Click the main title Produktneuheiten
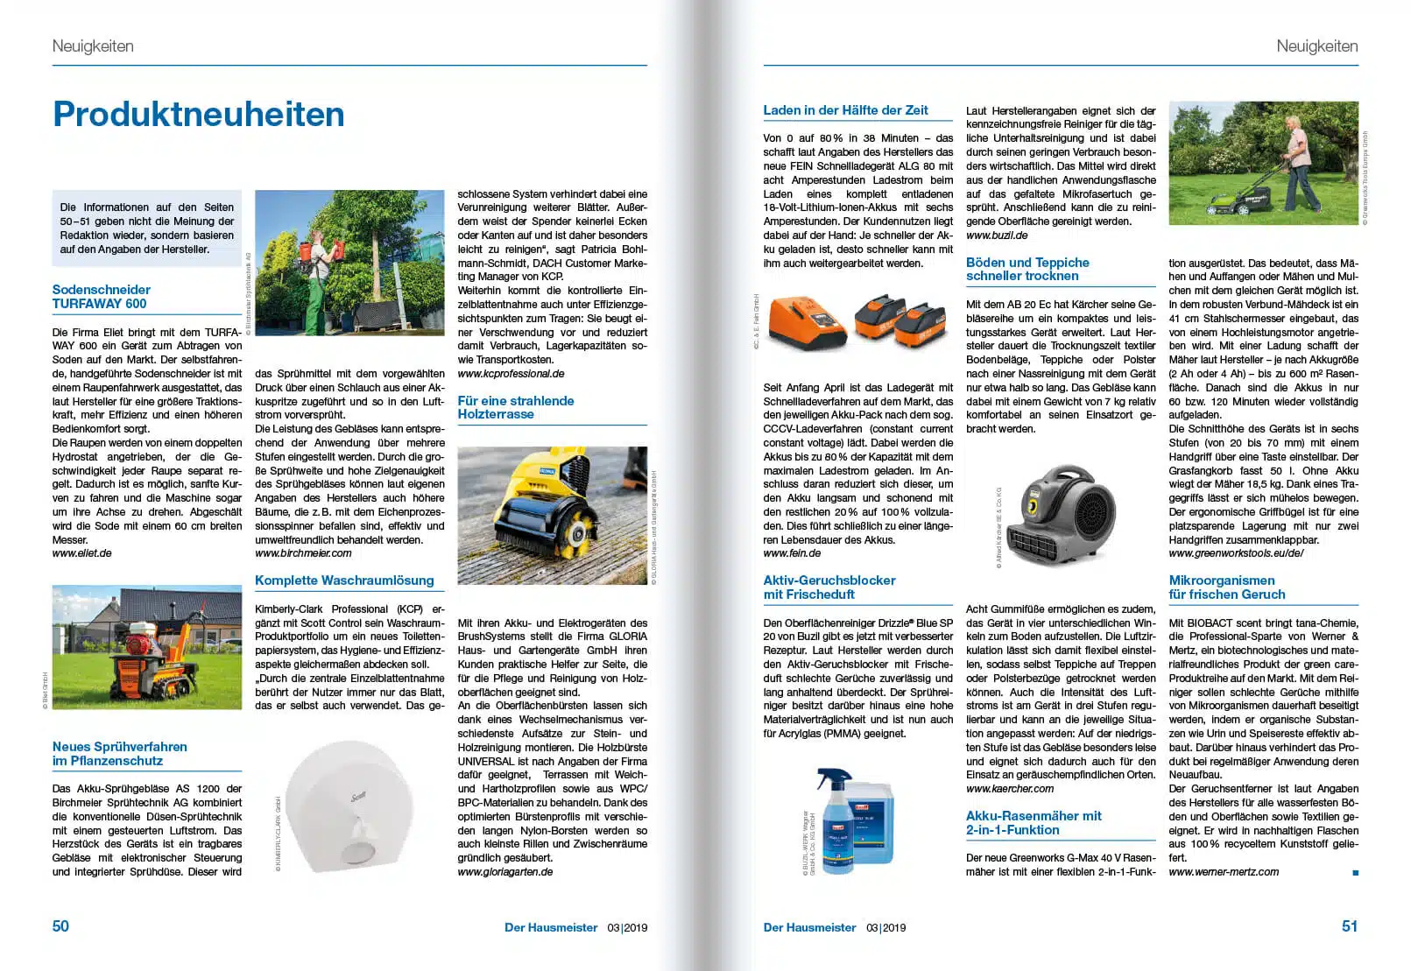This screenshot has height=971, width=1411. pos(199,115)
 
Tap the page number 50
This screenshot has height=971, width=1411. pos(60,926)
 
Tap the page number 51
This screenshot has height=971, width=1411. pos(1350,926)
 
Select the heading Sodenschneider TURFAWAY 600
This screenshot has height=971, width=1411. pos(101,297)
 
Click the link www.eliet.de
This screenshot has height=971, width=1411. pos(82,553)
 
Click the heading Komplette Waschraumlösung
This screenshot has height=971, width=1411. pos(344,580)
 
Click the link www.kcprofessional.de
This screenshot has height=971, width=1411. pos(511,374)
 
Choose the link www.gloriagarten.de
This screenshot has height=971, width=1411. pos(505,872)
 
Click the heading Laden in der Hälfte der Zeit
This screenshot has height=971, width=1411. pos(845,110)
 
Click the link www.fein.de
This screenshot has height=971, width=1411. pos(792,553)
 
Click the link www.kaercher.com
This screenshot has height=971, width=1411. pos(1010,789)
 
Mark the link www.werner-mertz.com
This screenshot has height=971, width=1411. pos(1224,872)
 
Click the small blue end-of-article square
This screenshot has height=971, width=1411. pos(1355,873)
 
